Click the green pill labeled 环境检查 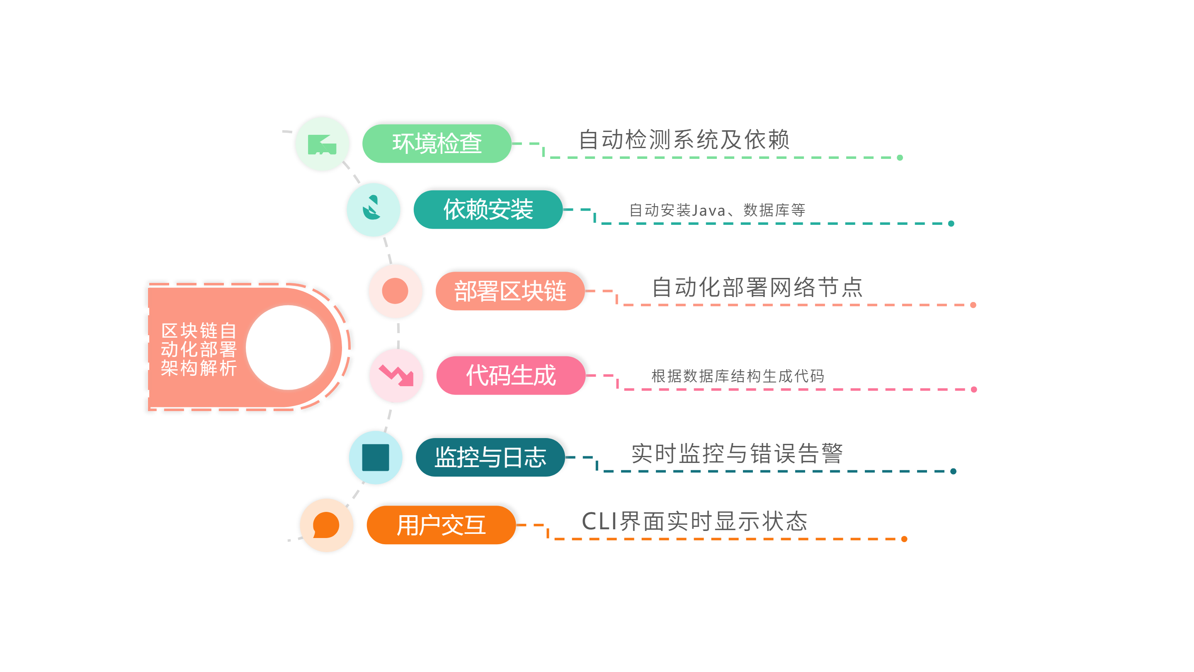[437, 143]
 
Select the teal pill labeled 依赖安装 [488, 209]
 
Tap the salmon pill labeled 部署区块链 [510, 291]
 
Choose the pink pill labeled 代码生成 [510, 375]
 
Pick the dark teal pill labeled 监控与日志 [490, 457]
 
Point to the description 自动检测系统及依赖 [684, 140]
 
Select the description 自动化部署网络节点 [757, 287]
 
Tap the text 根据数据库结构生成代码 [738, 376]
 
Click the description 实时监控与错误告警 [737, 453]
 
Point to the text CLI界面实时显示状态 [694, 521]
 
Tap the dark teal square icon [376, 457]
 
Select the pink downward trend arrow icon [396, 375]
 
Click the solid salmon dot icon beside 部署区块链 [395, 291]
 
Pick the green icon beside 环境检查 [322, 144]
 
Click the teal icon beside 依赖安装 [372, 208]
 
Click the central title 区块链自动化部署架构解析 [199, 349]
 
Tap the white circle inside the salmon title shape [288, 347]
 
